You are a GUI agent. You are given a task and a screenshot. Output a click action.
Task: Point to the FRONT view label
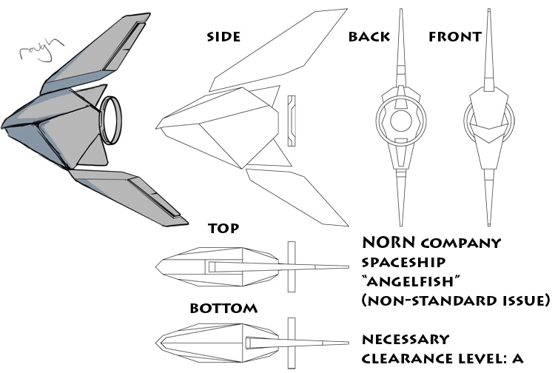click(455, 36)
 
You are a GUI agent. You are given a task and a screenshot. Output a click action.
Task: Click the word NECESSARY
click(406, 340)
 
